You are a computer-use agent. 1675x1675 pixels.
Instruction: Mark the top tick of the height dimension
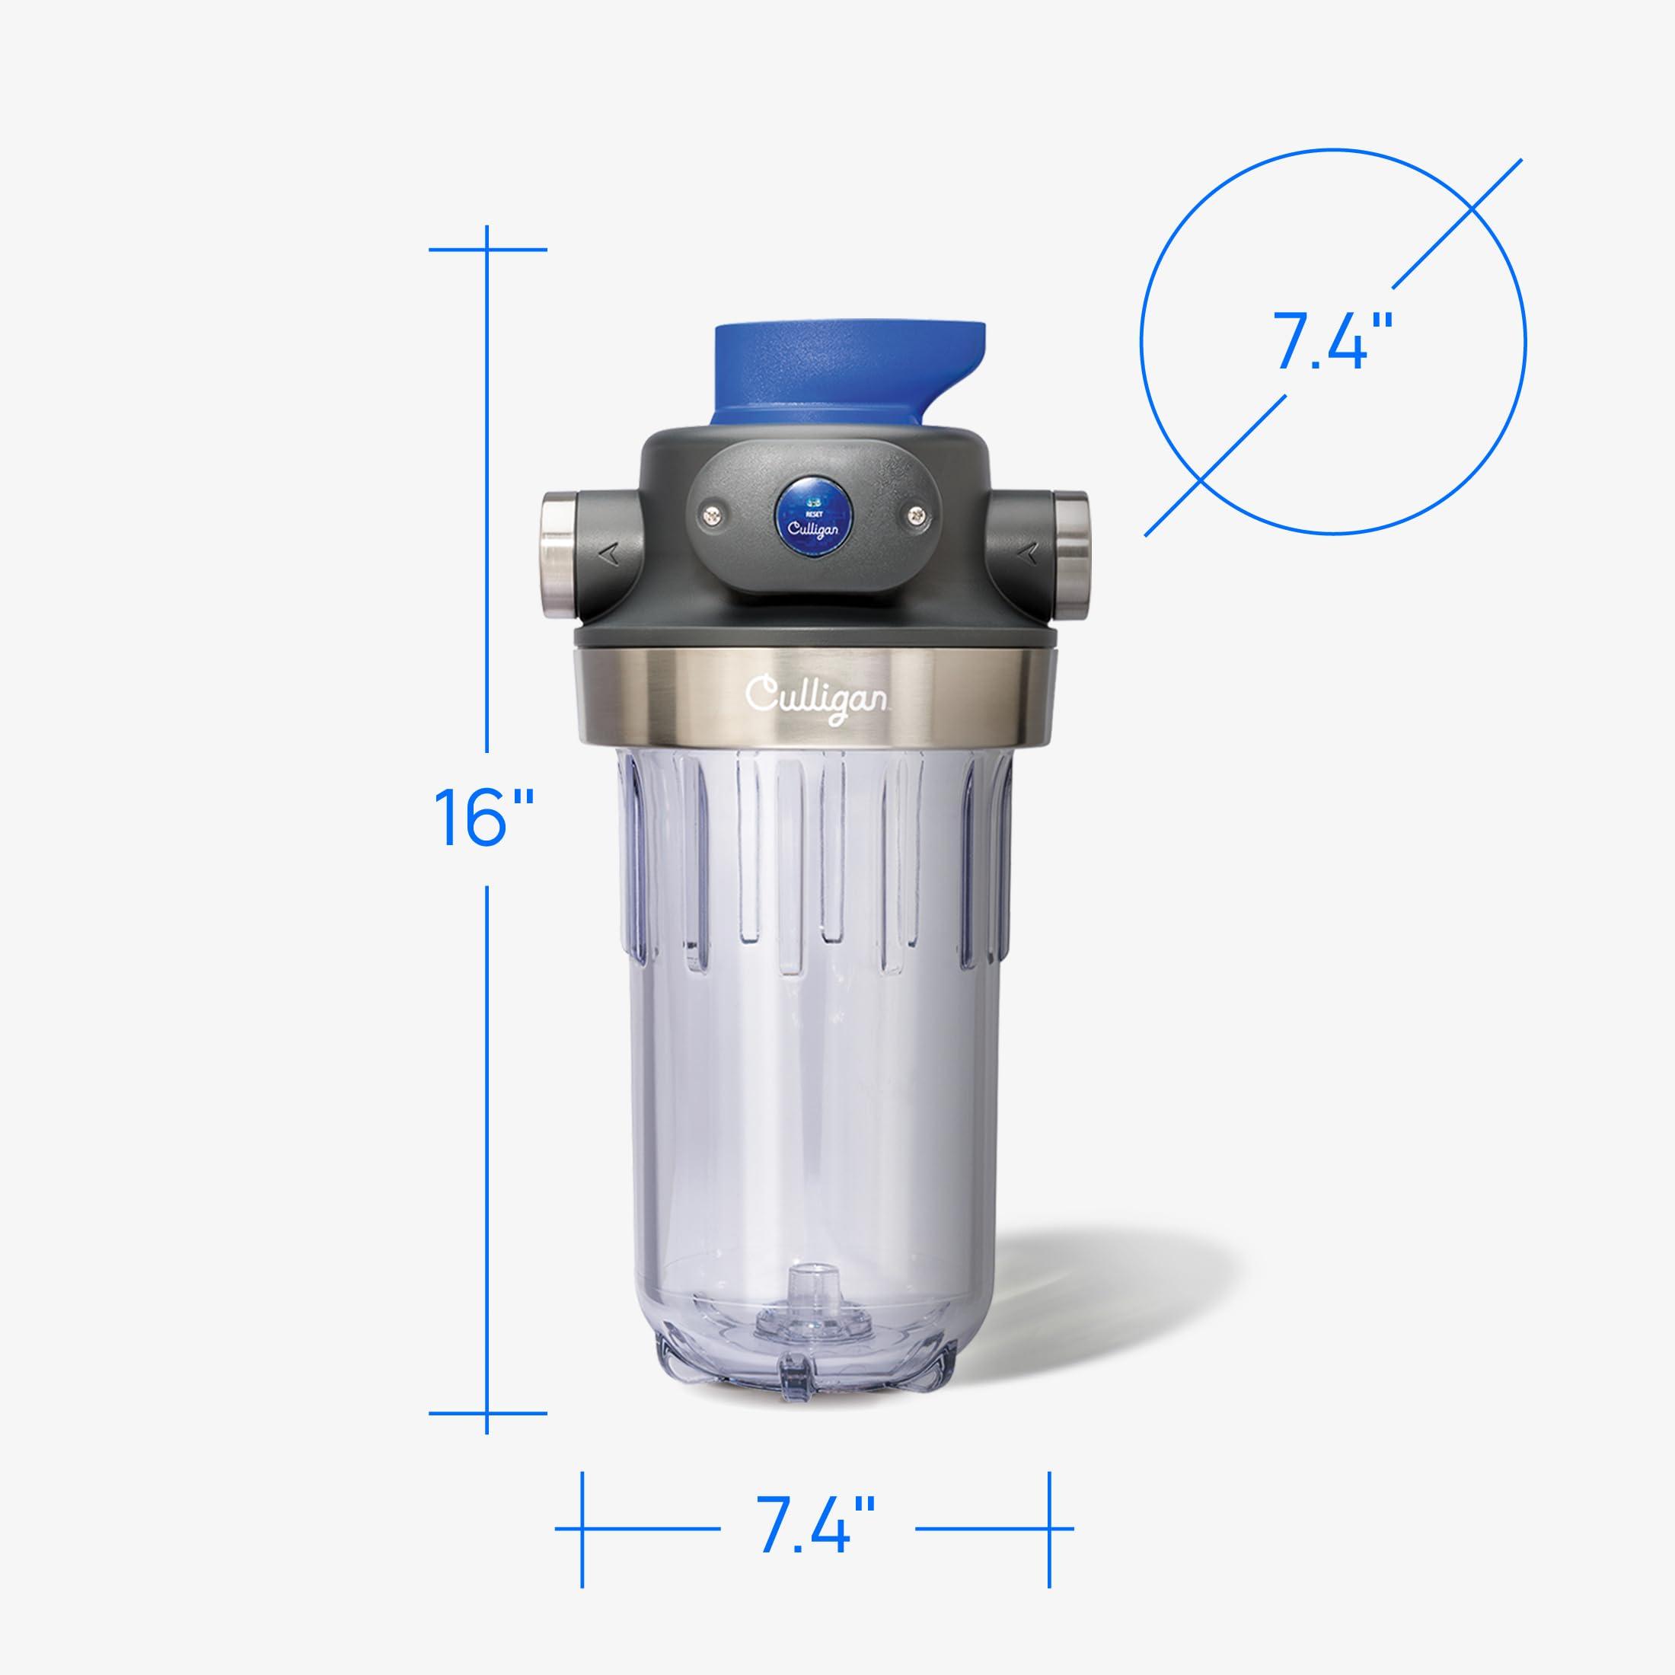tap(487, 250)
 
